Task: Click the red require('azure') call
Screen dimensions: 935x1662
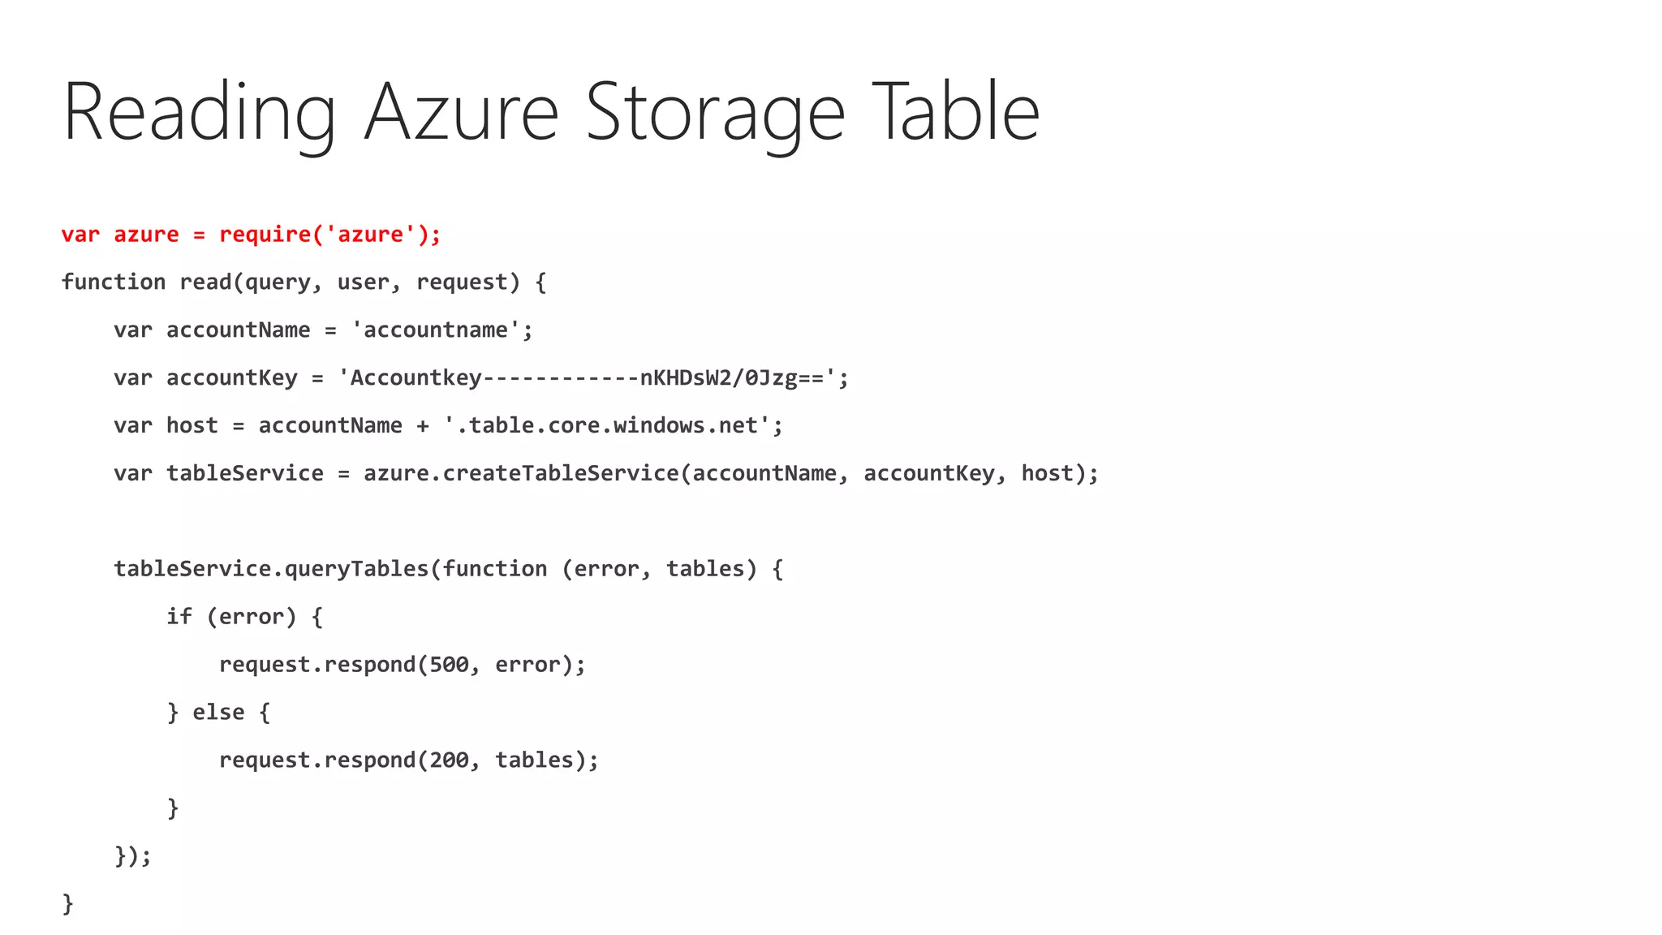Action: (x=329, y=235)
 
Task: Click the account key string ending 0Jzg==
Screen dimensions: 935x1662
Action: (x=592, y=378)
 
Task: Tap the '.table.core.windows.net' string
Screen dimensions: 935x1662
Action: (x=612, y=426)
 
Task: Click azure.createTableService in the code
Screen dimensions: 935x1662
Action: (x=520, y=474)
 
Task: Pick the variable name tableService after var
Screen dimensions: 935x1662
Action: (x=244, y=474)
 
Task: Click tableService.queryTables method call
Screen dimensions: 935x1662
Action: (x=271, y=569)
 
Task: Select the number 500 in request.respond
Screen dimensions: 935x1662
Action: (x=449, y=665)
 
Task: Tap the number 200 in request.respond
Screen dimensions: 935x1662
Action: (x=449, y=760)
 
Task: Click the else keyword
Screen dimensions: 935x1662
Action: (x=218, y=713)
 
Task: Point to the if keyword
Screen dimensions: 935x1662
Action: (x=179, y=617)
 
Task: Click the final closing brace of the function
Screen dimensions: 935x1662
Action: (x=67, y=903)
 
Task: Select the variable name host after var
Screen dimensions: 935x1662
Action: (x=192, y=426)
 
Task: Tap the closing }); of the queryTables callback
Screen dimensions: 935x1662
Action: (x=132, y=856)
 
